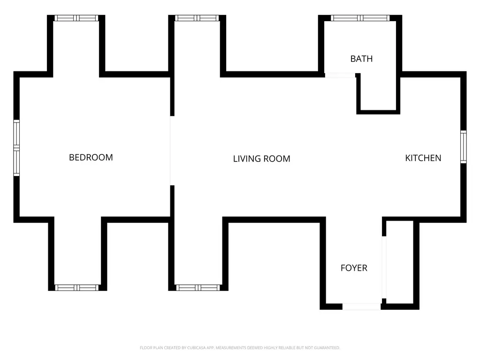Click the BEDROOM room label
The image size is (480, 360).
[91, 157]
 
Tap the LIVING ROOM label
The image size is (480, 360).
[262, 159]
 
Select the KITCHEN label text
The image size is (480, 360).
[423, 158]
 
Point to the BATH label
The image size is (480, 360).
[362, 59]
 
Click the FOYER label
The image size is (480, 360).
[354, 268]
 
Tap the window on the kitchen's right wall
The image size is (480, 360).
[464, 147]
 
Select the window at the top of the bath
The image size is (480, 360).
[360, 18]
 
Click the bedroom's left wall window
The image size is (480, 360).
[16, 148]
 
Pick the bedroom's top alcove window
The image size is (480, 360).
[76, 18]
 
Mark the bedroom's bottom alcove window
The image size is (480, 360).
[77, 287]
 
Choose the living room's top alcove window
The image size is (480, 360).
[197, 18]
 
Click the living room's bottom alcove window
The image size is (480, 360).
[198, 287]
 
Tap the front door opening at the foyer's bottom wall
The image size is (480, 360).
[362, 306]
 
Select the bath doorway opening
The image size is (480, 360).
[340, 75]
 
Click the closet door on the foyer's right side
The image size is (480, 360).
[384, 267]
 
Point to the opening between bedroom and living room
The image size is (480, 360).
[170, 151]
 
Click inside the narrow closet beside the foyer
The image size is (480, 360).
[399, 262]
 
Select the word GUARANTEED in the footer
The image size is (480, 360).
[327, 348]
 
